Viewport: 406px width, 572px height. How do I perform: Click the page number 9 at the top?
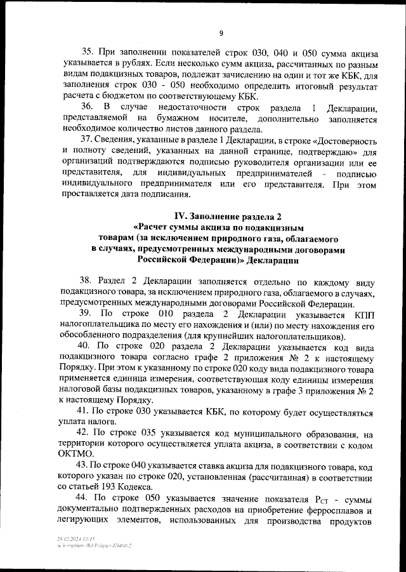tap(221, 33)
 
